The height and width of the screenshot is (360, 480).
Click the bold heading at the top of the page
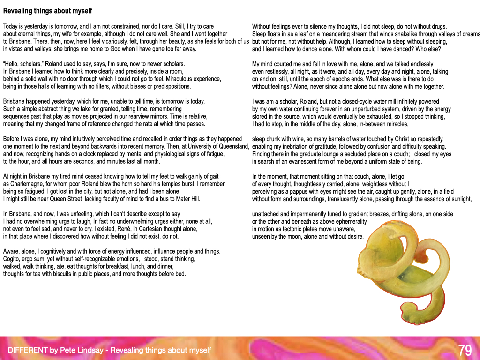pos(48,11)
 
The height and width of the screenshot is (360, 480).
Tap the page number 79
pos(465,350)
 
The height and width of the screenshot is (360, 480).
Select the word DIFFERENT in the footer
pos(28,350)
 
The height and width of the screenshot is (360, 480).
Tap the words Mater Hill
pos(186,199)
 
